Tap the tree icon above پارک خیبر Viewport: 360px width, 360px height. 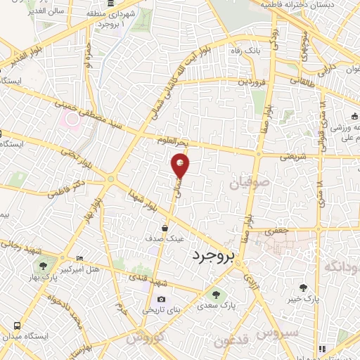(303, 288)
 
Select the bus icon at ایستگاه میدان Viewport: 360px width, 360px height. (17, 326)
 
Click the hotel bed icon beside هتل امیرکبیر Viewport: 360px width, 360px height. (79, 259)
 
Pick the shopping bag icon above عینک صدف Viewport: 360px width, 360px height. (165, 228)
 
